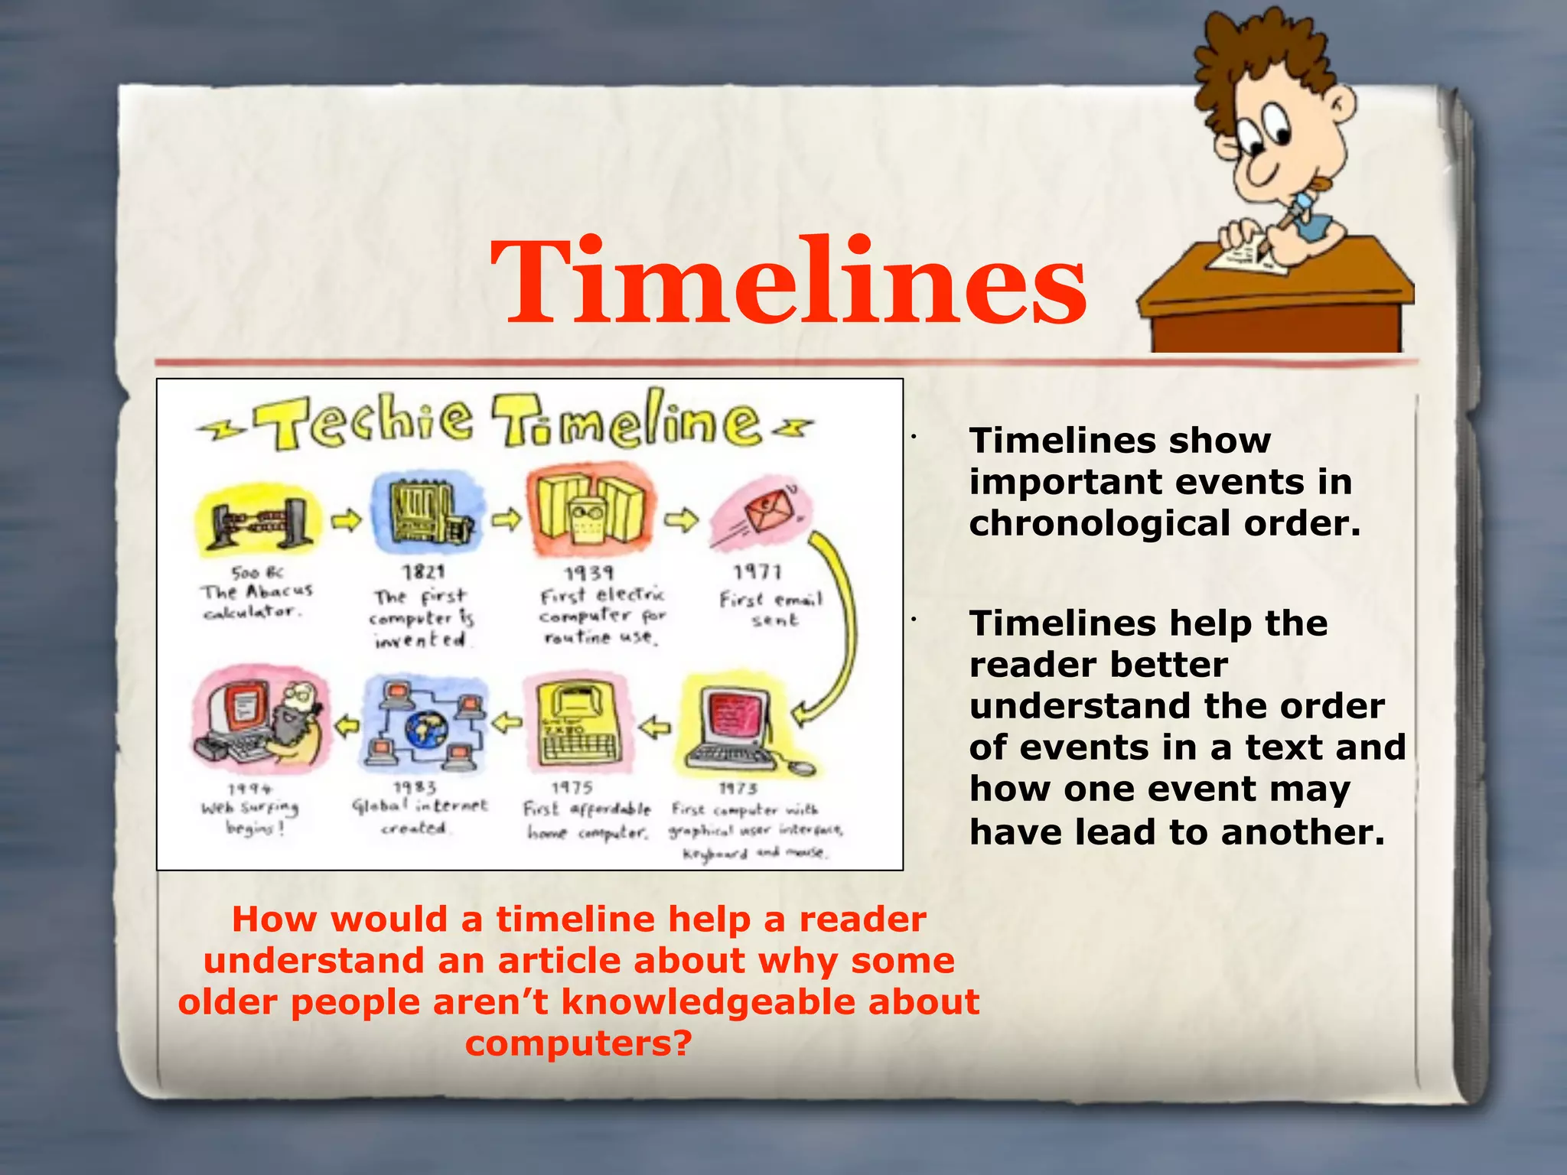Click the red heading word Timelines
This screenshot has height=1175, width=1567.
coord(788,283)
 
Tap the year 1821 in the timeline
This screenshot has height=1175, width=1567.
coord(424,571)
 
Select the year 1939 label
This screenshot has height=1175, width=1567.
coord(589,573)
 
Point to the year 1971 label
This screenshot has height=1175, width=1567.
coord(757,572)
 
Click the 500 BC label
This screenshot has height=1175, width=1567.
coord(257,572)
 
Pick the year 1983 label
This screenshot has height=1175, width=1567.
coord(415,787)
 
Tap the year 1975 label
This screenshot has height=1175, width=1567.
coord(572,787)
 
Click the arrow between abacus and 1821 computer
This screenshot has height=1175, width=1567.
coord(346,520)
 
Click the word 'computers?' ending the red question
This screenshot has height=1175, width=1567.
coord(578,1043)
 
